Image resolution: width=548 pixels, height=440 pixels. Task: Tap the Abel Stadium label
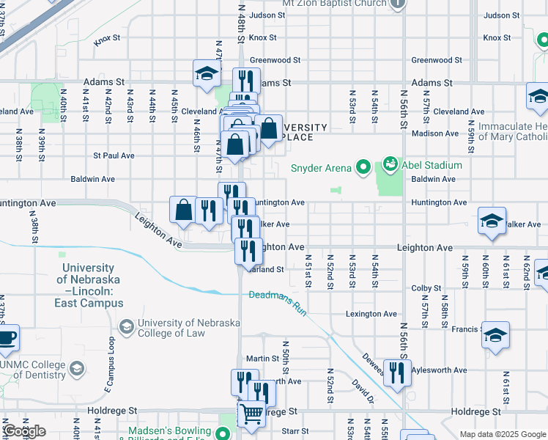(x=432, y=166)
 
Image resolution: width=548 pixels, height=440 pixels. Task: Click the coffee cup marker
(x=7, y=339)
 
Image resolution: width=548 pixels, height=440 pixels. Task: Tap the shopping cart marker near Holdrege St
(x=251, y=414)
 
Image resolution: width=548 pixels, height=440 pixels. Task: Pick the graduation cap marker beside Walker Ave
(x=492, y=221)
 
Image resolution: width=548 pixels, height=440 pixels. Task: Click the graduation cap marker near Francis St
(x=496, y=335)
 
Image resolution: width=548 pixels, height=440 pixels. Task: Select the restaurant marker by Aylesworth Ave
(x=397, y=373)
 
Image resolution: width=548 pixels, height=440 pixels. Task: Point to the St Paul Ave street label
(x=114, y=155)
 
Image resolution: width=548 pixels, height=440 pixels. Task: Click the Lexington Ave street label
(x=371, y=314)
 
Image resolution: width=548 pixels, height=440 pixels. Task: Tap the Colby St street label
(x=425, y=288)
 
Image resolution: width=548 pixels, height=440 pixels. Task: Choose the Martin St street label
(x=263, y=359)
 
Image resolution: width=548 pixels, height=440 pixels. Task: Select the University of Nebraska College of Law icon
(x=127, y=324)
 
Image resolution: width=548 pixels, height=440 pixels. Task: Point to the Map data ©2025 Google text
(x=503, y=434)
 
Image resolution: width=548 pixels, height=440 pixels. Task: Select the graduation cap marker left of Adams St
(x=207, y=73)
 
